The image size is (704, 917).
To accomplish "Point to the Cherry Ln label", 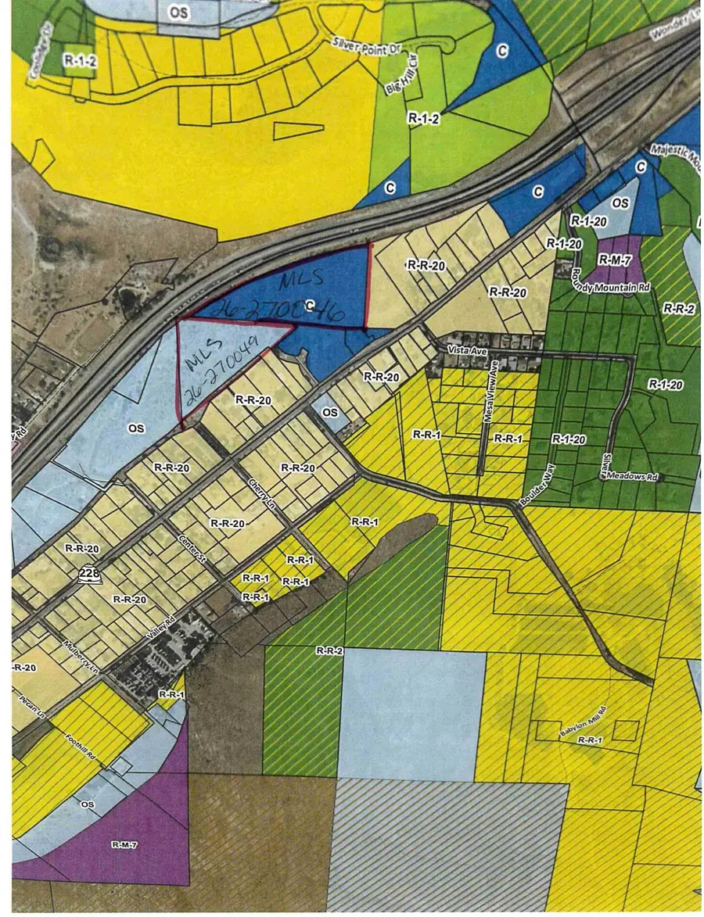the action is (x=258, y=492).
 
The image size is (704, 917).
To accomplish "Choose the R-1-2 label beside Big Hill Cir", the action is (x=423, y=117).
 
